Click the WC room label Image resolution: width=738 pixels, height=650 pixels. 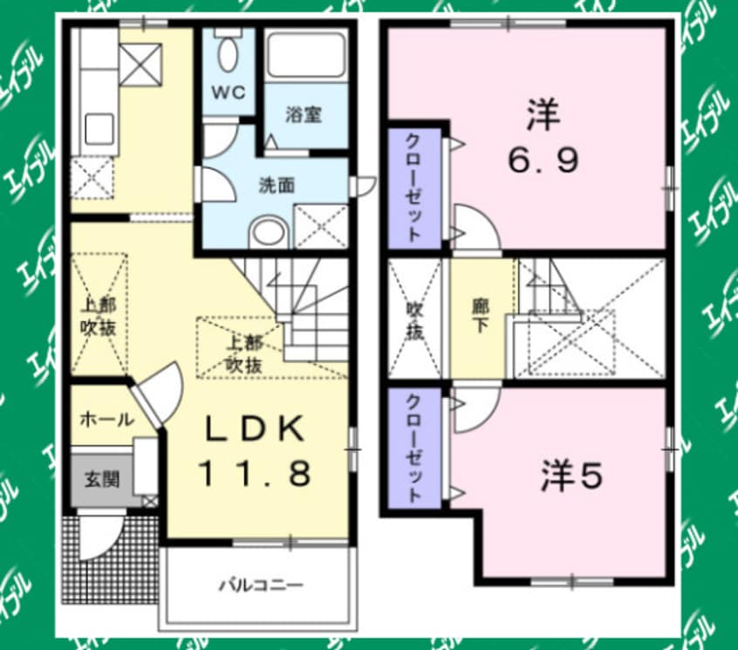(x=228, y=92)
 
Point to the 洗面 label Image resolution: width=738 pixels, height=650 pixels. (x=272, y=185)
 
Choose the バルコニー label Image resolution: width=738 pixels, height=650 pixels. (x=261, y=585)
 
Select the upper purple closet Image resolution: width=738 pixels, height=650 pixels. (x=415, y=188)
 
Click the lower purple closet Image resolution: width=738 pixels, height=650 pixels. (x=415, y=447)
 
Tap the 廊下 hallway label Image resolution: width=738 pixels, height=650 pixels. (x=480, y=319)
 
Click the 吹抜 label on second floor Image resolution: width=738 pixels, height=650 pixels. (x=417, y=320)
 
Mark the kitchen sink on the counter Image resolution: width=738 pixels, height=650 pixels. (x=95, y=131)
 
